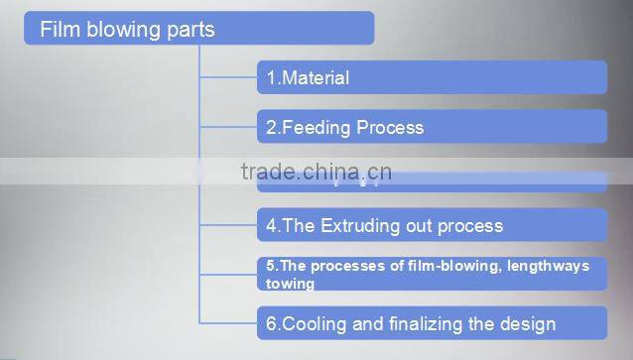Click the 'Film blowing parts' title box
pyautogui.click(x=198, y=29)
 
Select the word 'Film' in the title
pyautogui.click(x=59, y=30)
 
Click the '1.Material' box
pyautogui.click(x=432, y=77)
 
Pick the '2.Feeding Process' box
pyautogui.click(x=432, y=127)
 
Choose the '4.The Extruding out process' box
pyautogui.click(x=432, y=225)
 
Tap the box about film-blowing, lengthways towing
pyautogui.click(x=432, y=274)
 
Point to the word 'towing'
pyautogui.click(x=290, y=284)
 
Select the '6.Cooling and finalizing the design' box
pyautogui.click(x=432, y=323)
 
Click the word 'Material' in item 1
pyautogui.click(x=316, y=77)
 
